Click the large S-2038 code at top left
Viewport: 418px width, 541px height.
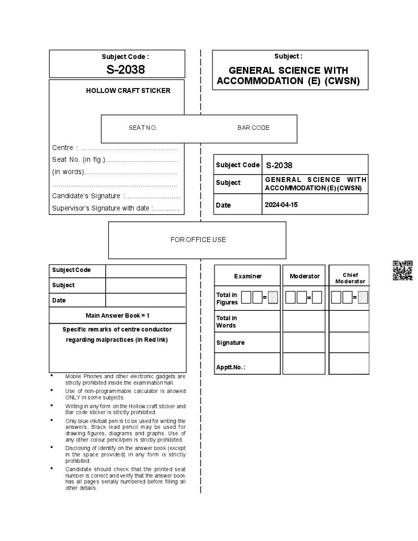[x=125, y=69]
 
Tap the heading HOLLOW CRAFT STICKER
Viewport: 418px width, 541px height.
[x=128, y=90]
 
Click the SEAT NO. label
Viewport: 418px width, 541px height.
[x=143, y=128]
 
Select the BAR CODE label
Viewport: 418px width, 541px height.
[x=253, y=128]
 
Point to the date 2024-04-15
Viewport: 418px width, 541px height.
[x=281, y=205]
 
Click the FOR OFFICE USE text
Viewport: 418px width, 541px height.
[x=198, y=240]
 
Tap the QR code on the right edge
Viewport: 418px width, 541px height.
[x=402, y=270]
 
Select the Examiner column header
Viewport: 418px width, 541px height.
[x=248, y=276]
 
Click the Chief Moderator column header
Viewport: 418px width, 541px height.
[x=350, y=278]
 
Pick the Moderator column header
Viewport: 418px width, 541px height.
[x=304, y=276]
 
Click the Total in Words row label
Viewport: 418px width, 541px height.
[x=226, y=322]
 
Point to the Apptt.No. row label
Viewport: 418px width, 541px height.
[x=230, y=367]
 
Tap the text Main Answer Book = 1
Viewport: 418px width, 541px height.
[x=118, y=315]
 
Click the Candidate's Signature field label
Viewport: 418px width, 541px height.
[x=86, y=196]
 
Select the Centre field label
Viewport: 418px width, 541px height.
[x=62, y=148]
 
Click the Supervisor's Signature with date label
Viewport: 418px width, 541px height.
[x=100, y=208]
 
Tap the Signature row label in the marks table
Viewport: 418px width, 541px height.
[x=230, y=343]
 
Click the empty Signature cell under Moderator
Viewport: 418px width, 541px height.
[x=304, y=343]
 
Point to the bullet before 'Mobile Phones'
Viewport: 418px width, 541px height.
[x=52, y=376]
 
